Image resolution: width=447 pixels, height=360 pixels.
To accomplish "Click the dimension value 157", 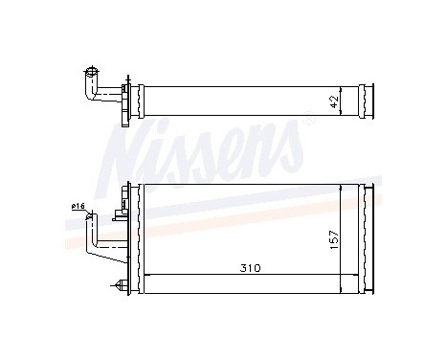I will tap(333, 236).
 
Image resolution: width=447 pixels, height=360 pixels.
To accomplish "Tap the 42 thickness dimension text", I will tap(333, 99).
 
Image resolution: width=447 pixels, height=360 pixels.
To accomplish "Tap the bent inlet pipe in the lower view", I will tap(96, 244).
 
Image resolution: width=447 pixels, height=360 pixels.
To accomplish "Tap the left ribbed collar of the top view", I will tap(140, 98).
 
